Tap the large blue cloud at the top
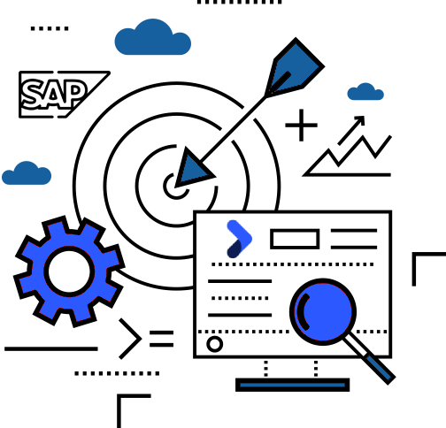click(x=153, y=38)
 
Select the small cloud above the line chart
click(x=365, y=92)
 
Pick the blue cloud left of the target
click(x=27, y=174)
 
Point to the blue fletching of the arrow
click(x=295, y=68)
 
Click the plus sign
click(x=301, y=126)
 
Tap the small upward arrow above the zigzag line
click(x=351, y=130)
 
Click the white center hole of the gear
click(x=69, y=271)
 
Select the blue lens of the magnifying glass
click(x=323, y=312)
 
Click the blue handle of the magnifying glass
click(x=380, y=369)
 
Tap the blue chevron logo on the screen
click(x=239, y=239)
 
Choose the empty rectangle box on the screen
click(x=295, y=239)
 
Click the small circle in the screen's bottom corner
click(x=215, y=344)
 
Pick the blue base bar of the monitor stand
click(x=293, y=385)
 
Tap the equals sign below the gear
click(x=162, y=339)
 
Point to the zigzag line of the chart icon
click(x=348, y=157)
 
